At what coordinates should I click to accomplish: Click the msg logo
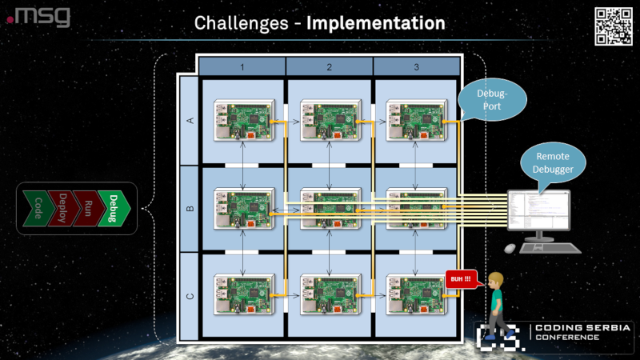(x=39, y=16)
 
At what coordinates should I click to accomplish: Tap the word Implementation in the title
(x=375, y=23)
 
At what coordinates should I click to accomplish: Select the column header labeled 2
(x=329, y=66)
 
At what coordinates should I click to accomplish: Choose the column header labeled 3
(x=416, y=66)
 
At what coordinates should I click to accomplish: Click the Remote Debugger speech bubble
(x=552, y=162)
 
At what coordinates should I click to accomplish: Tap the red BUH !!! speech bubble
(x=460, y=280)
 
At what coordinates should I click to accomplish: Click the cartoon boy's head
(x=497, y=281)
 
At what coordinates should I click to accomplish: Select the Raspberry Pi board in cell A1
(x=243, y=120)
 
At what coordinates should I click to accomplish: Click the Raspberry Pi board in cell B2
(x=330, y=208)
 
